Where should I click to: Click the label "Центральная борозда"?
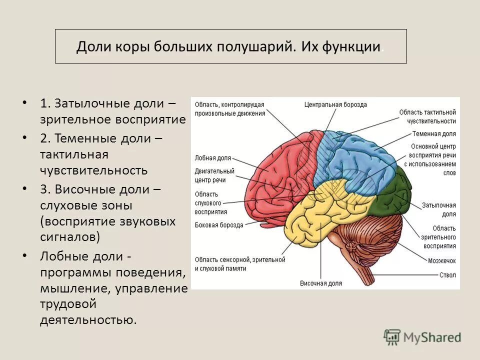coord(335,105)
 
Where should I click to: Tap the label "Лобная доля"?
coord(212,158)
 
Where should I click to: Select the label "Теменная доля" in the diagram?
coord(434,134)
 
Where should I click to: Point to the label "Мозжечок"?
coord(441,260)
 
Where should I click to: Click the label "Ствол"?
coord(447,274)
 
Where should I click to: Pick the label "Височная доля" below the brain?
coord(321,283)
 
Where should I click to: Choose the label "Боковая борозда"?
coord(219,225)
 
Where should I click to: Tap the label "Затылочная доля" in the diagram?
coord(438,209)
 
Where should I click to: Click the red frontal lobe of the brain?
coord(275,170)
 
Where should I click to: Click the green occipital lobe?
coord(395,195)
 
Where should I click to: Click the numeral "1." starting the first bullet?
coord(46,104)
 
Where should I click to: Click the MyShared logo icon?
coord(392,337)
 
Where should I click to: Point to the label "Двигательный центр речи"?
coord(214,175)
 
